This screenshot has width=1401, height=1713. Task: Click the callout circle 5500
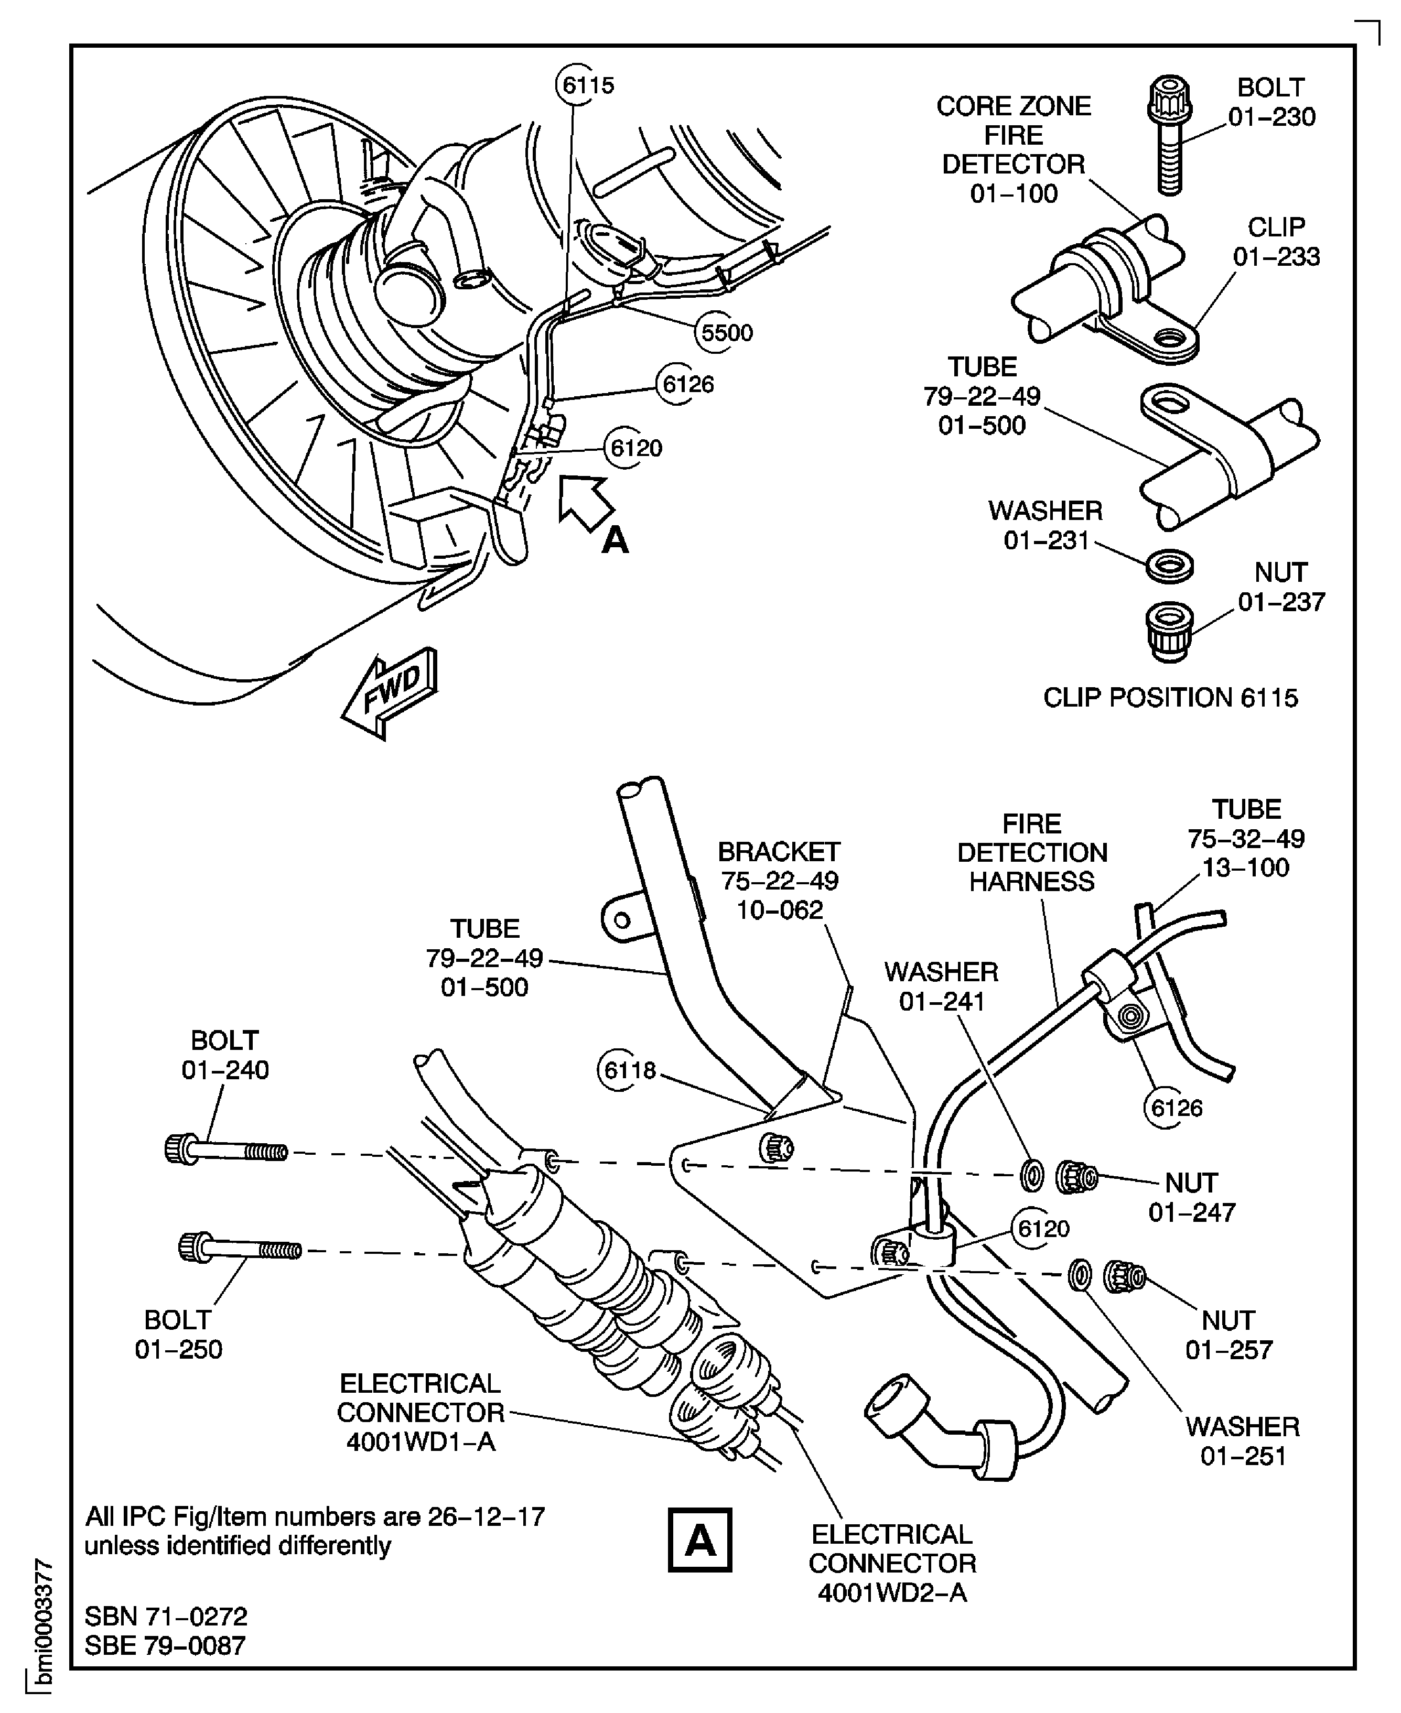[726, 332]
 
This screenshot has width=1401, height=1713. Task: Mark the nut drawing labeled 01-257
[1124, 1274]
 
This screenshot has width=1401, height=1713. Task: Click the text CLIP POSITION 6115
[1170, 697]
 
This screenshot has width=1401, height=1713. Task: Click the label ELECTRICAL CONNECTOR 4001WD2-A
[892, 1563]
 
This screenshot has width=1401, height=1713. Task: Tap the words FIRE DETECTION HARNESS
[1031, 852]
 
